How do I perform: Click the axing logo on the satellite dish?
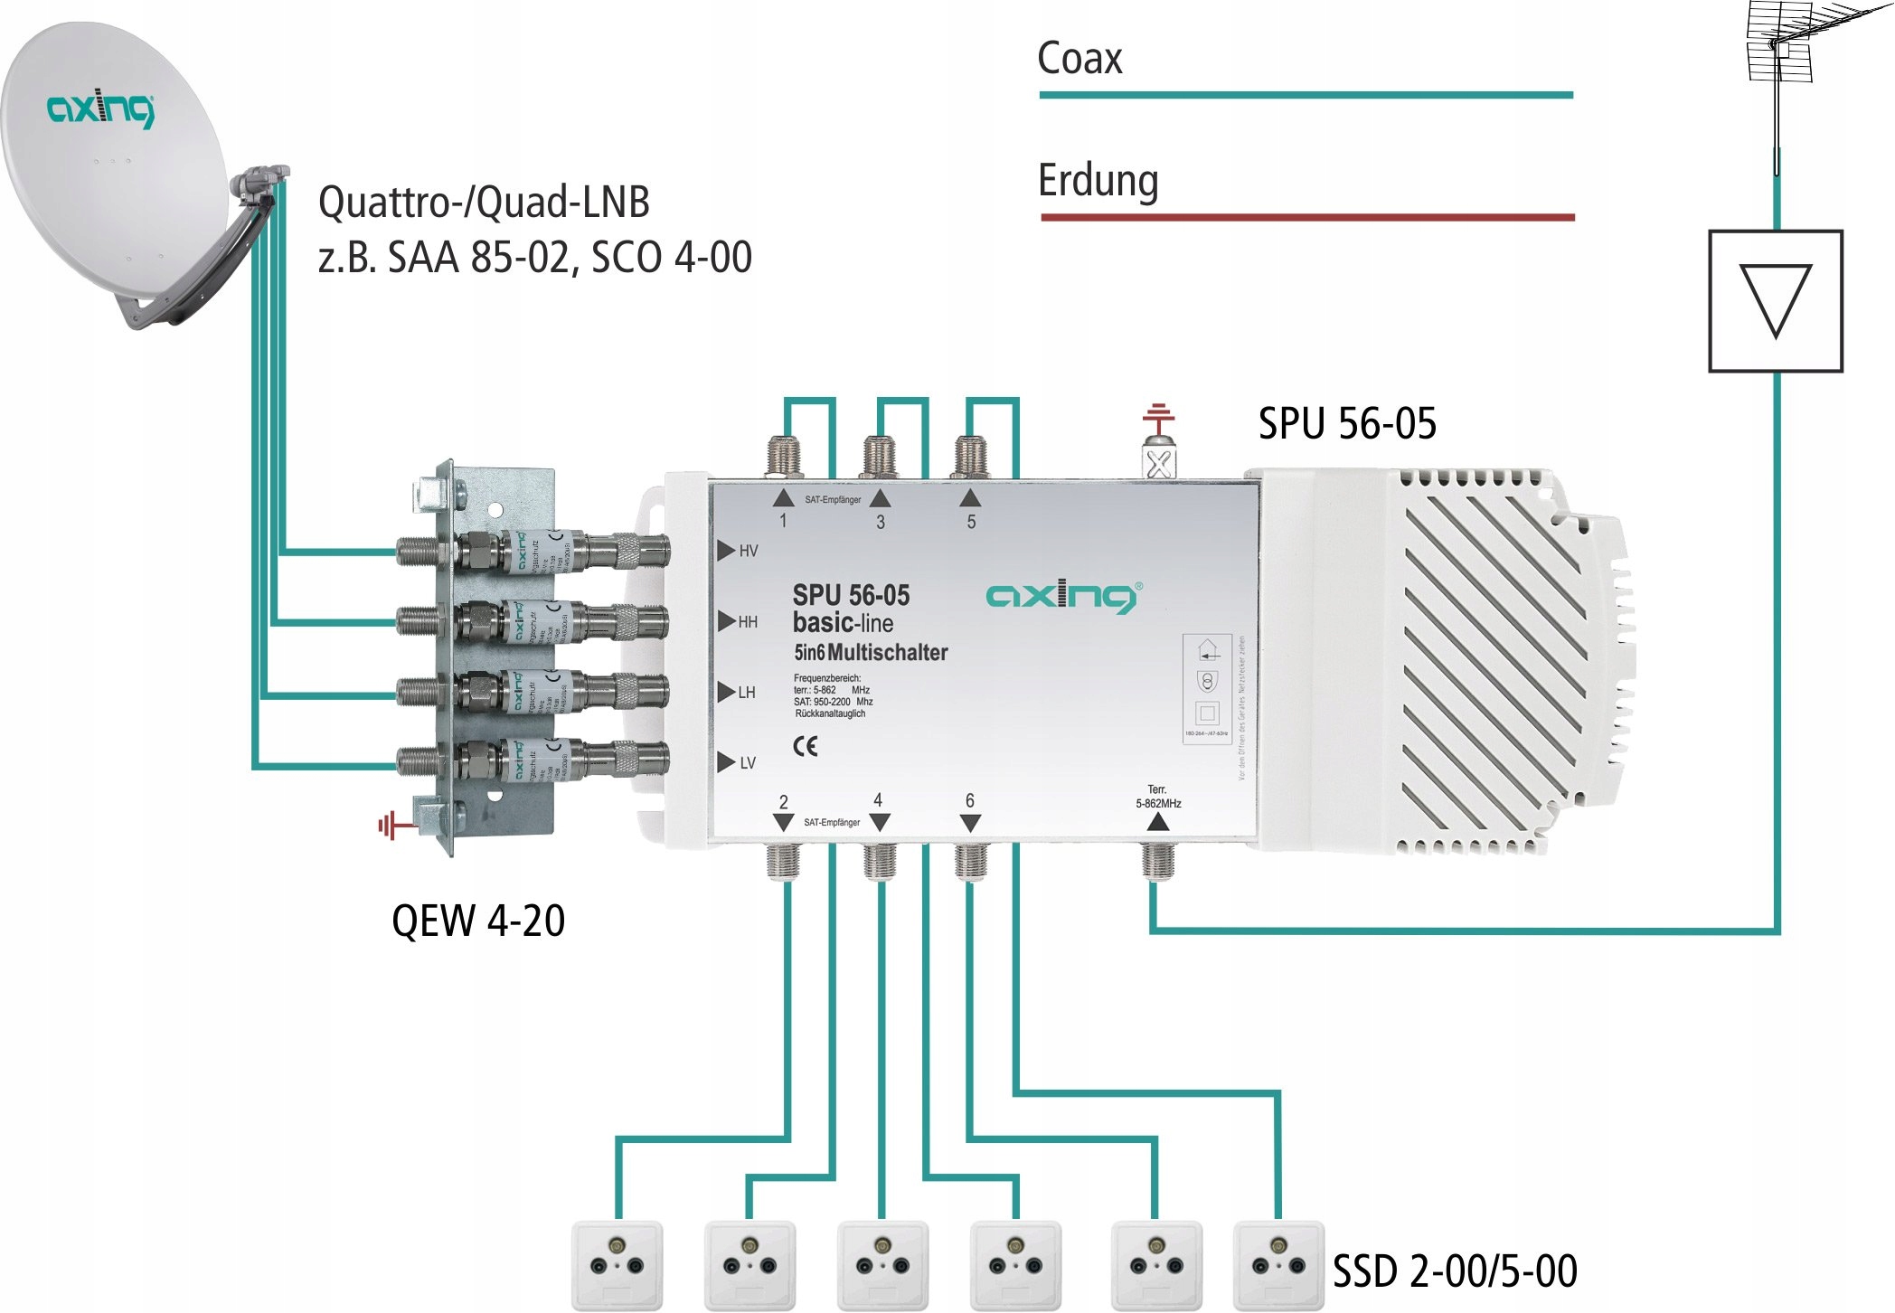click(x=100, y=109)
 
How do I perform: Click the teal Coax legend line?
click(x=1306, y=95)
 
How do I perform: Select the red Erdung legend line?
click(x=1307, y=217)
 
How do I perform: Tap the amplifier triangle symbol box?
click(x=1775, y=301)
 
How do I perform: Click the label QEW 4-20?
click(x=478, y=921)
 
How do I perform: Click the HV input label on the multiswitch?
click(x=748, y=551)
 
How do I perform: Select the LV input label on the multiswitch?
click(x=747, y=763)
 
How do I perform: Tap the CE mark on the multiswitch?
click(x=805, y=746)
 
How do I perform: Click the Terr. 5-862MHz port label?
click(x=1157, y=797)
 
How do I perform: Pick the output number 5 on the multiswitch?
click(x=971, y=522)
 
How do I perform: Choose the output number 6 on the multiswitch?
click(x=970, y=800)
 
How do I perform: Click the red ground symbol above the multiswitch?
click(x=1158, y=418)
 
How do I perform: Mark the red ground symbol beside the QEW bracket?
click(x=391, y=825)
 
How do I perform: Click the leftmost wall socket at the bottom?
click(x=617, y=1264)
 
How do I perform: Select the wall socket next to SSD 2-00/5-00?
click(x=1277, y=1264)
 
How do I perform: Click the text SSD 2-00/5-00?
click(x=1455, y=1270)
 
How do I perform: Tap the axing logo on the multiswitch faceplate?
click(x=1062, y=597)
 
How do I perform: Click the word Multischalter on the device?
click(x=887, y=652)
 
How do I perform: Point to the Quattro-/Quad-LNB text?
click(x=484, y=202)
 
